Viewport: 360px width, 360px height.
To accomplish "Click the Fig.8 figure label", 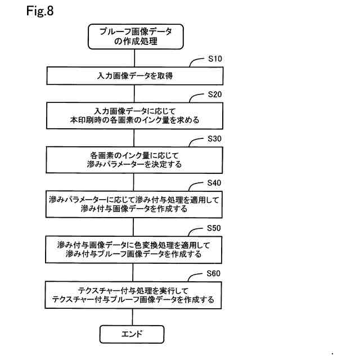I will (x=39, y=11).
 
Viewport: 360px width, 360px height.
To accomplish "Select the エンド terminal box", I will (x=132, y=334).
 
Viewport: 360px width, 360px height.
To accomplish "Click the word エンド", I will (x=132, y=334).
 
